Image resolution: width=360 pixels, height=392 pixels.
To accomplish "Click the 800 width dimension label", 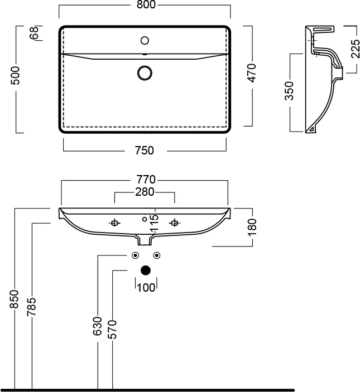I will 145,5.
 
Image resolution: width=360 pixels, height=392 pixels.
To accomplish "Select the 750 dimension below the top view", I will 145,150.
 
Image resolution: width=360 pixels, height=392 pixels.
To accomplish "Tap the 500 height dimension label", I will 16,77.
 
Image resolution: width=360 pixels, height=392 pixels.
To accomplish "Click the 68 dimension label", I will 34,33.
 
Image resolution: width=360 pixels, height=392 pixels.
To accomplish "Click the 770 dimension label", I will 145,180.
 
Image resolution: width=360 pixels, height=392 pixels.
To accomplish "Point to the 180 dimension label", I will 252,226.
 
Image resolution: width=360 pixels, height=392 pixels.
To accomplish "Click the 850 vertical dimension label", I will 15,300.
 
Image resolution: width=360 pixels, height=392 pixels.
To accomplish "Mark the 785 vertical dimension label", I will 32,307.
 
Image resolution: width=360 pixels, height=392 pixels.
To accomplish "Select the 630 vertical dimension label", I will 98,326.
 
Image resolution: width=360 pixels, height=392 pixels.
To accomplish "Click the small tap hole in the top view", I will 145,40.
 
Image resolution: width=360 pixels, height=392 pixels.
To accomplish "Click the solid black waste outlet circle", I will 146,271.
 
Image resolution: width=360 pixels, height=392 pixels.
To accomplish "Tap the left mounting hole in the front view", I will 114,223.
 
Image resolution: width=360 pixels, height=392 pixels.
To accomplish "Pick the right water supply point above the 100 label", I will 157,255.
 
